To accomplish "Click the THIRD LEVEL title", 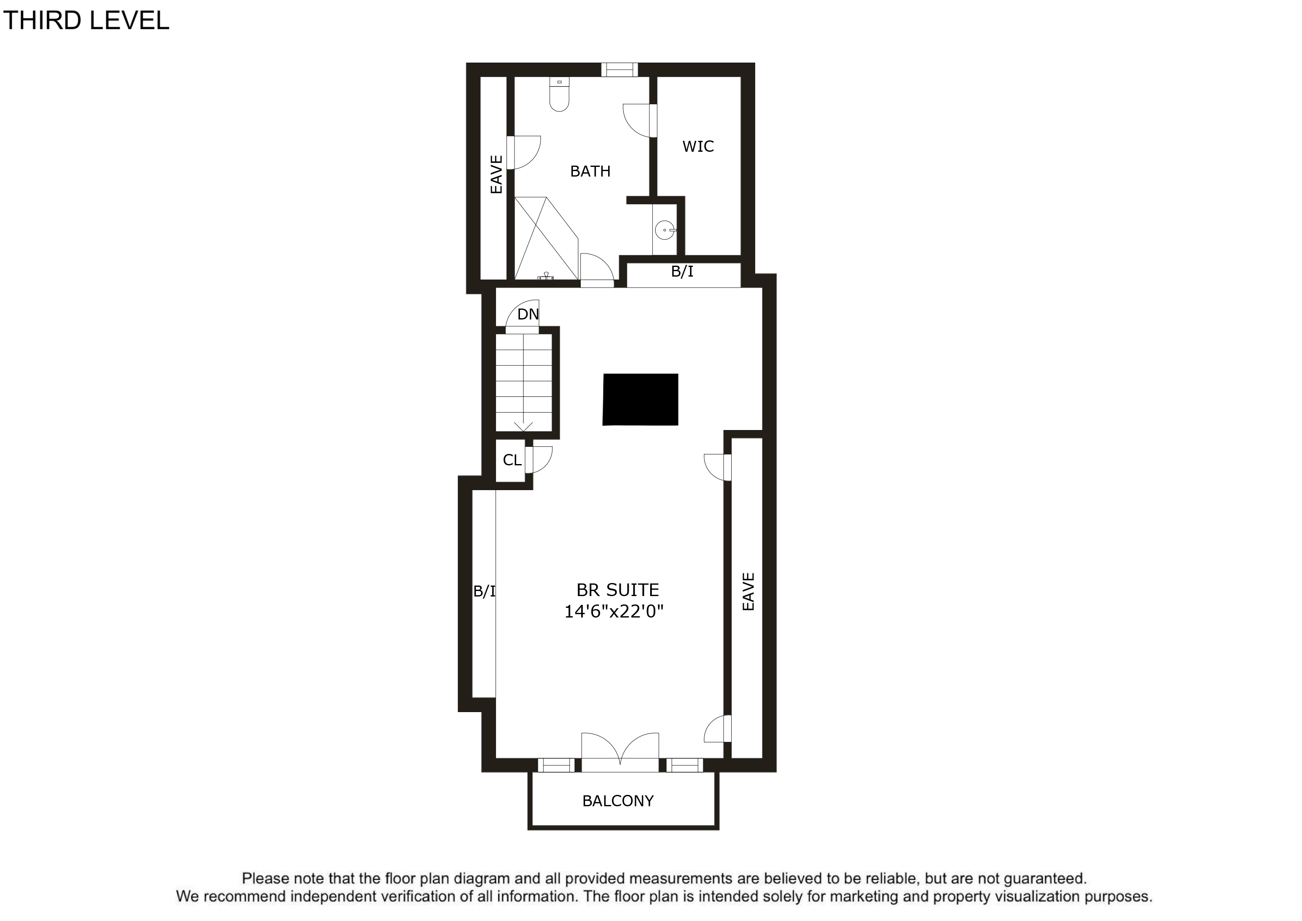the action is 86,21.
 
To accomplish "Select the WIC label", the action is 698,146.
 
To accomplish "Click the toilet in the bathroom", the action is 559,94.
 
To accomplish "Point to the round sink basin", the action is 664,230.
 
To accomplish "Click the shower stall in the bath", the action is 546,238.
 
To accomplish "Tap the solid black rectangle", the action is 640,399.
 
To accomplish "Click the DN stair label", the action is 528,314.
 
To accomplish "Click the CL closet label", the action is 512,460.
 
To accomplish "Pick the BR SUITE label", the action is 617,590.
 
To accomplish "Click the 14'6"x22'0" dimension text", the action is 614,612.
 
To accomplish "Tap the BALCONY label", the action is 618,801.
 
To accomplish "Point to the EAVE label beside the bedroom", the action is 748,591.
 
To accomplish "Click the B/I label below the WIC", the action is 682,272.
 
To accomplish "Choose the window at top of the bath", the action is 619,70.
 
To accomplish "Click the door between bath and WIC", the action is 640,120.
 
